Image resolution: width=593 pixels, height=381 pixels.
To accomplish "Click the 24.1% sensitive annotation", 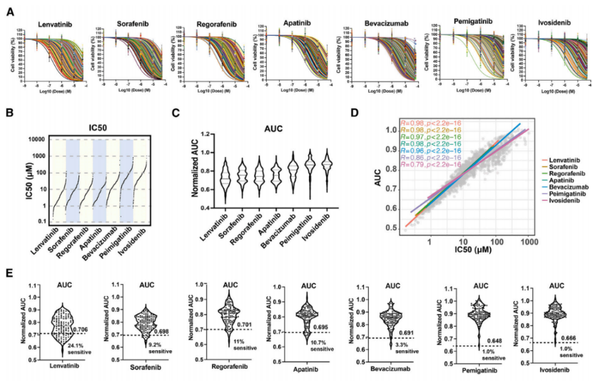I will click(x=79, y=349).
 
